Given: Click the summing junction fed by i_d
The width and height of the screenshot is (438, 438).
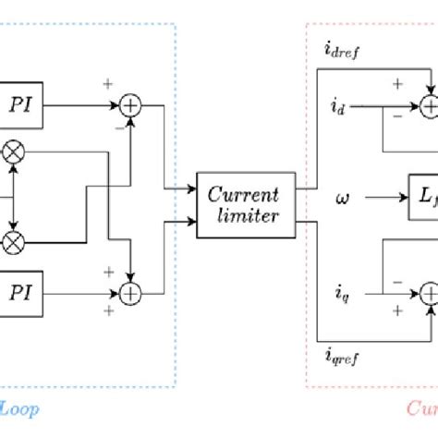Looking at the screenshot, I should pos(429,107).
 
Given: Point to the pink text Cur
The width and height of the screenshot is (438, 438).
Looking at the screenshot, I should pos(420,407).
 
